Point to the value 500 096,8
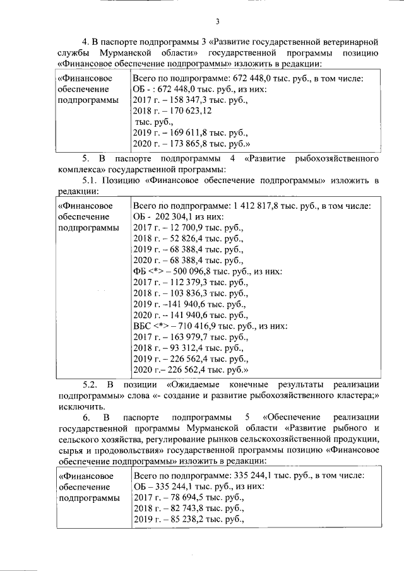[193, 271]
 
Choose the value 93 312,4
[184, 347]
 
